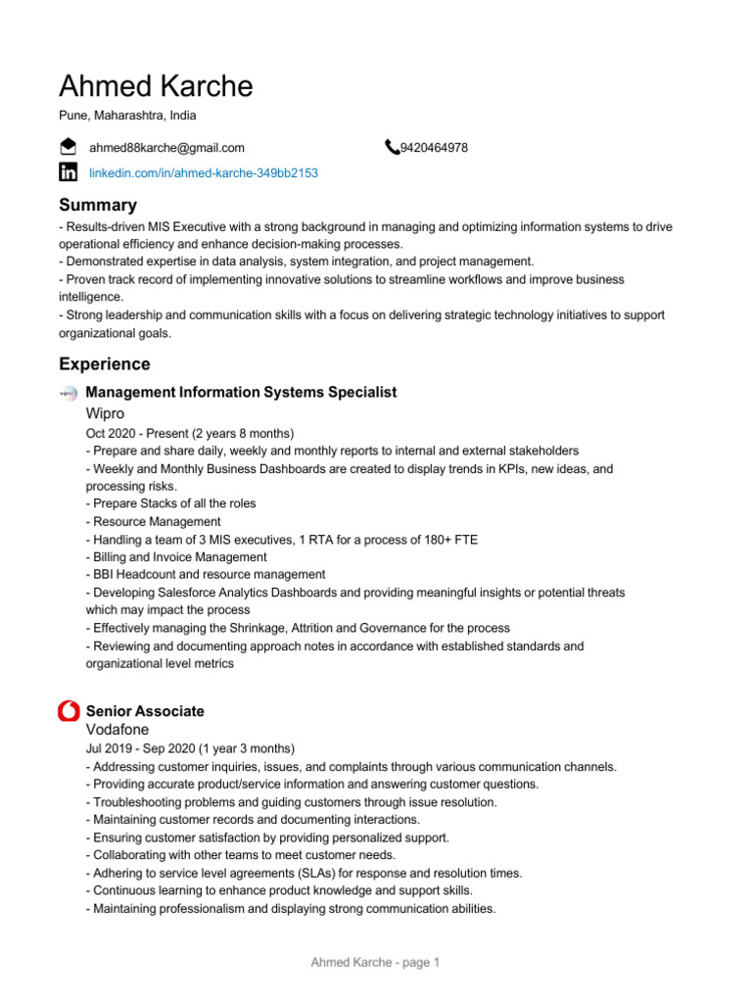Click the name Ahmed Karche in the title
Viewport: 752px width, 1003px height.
click(x=156, y=86)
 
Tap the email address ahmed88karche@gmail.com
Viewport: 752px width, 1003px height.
click(x=166, y=148)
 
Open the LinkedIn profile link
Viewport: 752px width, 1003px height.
click(x=203, y=172)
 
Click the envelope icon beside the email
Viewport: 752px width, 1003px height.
click(x=69, y=148)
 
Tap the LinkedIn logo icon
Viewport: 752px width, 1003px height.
click(x=69, y=172)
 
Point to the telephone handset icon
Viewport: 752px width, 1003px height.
click(x=392, y=148)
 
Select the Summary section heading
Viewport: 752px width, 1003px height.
click(x=98, y=205)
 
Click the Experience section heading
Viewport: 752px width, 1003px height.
click(x=104, y=364)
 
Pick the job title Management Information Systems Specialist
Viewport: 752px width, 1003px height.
click(x=241, y=392)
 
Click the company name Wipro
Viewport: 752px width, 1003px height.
click(x=105, y=413)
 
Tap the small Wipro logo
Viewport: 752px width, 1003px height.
click(x=69, y=393)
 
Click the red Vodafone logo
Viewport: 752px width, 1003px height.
click(x=69, y=711)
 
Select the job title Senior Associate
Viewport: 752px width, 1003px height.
click(x=145, y=711)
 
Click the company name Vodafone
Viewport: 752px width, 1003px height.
click(x=117, y=730)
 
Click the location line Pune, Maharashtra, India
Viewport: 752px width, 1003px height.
click(x=127, y=116)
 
